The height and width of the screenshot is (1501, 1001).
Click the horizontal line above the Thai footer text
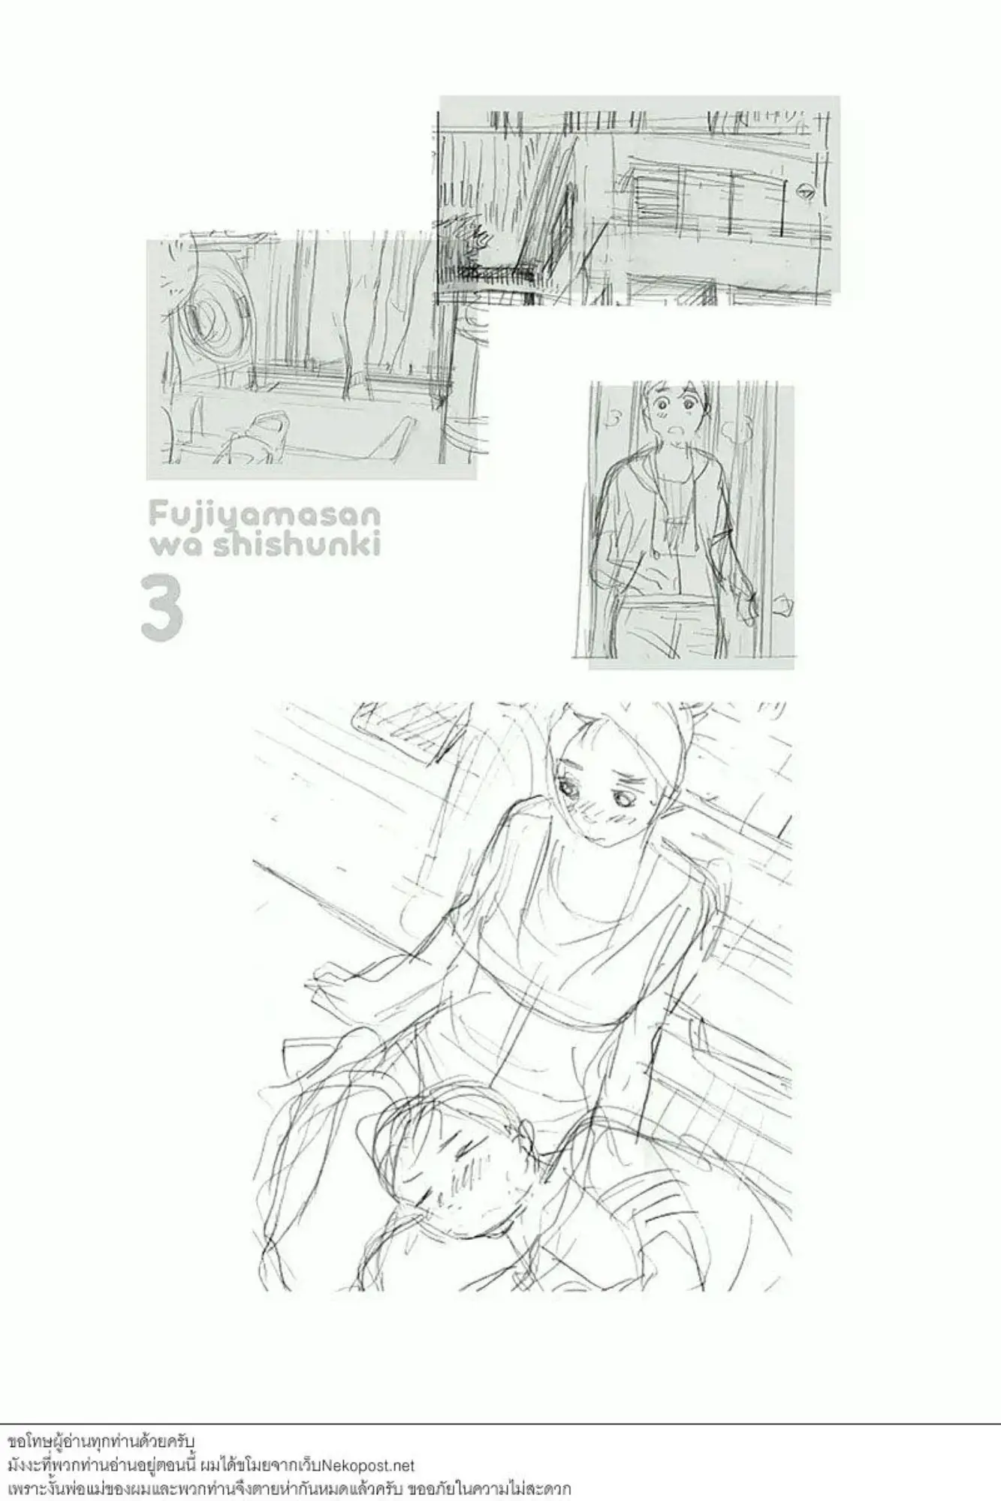tap(500, 1423)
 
